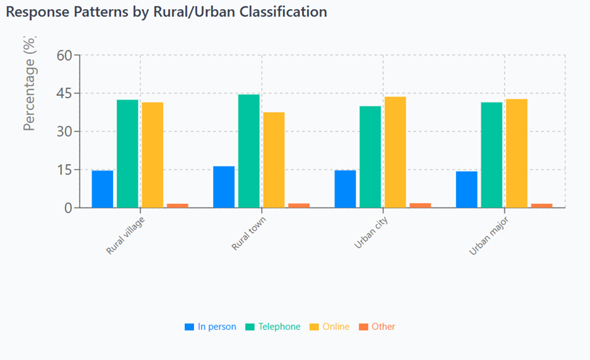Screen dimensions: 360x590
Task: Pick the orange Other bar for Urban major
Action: click(x=542, y=205)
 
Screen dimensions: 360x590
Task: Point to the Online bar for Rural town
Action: click(x=274, y=160)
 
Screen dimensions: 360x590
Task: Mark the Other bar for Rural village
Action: click(x=177, y=205)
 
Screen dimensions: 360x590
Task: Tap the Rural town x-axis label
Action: click(x=250, y=233)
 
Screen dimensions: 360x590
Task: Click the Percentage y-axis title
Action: click(x=30, y=84)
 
